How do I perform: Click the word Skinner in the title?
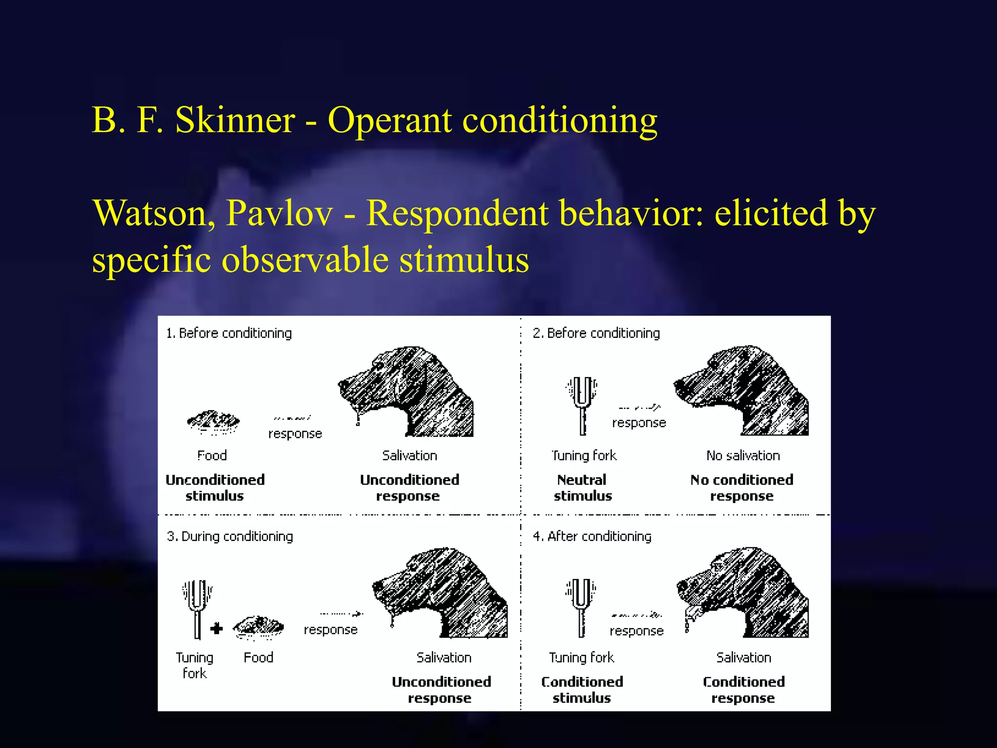pyautogui.click(x=235, y=120)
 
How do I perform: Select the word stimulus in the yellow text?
pyautogui.click(x=464, y=260)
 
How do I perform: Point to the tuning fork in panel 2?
pyautogui.click(x=582, y=404)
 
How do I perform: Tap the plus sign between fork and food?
pyautogui.click(x=217, y=629)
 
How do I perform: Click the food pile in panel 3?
pyautogui.click(x=258, y=626)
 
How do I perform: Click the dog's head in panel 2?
pyautogui.click(x=742, y=390)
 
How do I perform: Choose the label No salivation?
pyautogui.click(x=743, y=456)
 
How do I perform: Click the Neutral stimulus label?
pyautogui.click(x=582, y=488)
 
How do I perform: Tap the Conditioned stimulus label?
pyautogui.click(x=582, y=690)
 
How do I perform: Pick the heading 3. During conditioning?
pyautogui.click(x=230, y=537)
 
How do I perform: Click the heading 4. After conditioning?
pyautogui.click(x=592, y=537)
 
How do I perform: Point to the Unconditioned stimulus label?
pyautogui.click(x=215, y=488)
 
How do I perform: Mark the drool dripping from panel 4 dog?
pyautogui.click(x=688, y=621)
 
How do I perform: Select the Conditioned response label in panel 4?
pyautogui.click(x=743, y=690)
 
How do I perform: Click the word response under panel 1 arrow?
pyautogui.click(x=295, y=434)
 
